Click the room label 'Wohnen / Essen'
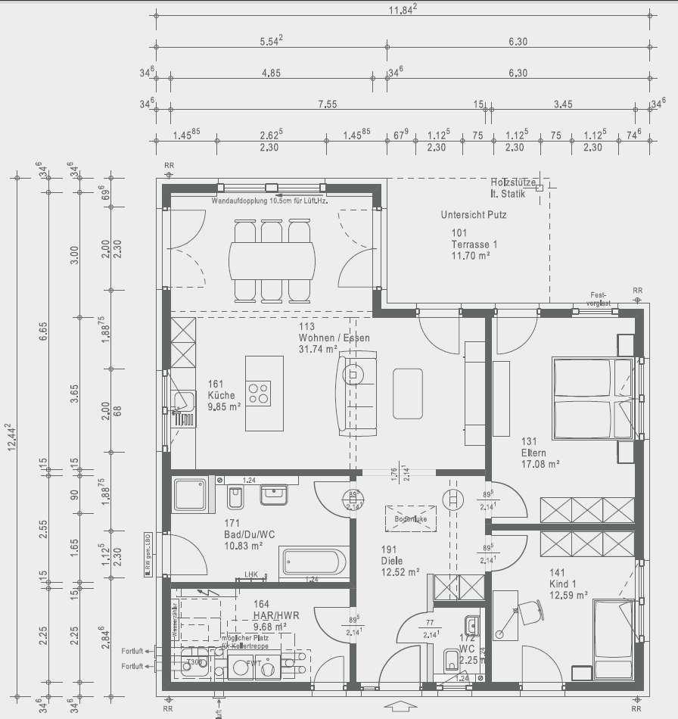334,338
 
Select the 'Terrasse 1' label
474,244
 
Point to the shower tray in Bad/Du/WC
190,496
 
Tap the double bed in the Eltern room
593,398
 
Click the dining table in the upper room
273,260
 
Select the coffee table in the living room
408,392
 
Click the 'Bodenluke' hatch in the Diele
411,520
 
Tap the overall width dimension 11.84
402,10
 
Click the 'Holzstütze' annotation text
513,183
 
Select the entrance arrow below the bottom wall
400,707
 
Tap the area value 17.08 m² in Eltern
540,464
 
